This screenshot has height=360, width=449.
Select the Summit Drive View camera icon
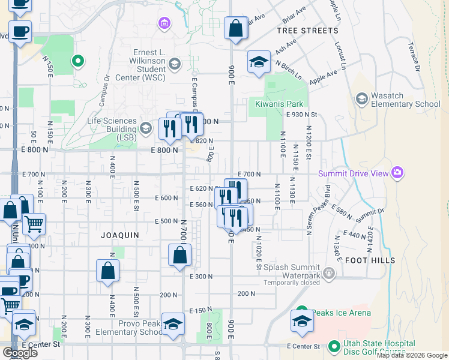pyautogui.click(x=397, y=174)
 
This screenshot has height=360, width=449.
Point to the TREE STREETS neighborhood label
pyautogui.click(x=307, y=30)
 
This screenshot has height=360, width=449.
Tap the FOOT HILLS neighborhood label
pyautogui.click(x=370, y=260)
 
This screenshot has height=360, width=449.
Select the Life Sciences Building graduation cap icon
pyautogui.click(x=146, y=127)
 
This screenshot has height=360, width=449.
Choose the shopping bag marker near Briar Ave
pyautogui.click(x=236, y=28)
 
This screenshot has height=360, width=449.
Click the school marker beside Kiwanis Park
pyautogui.click(x=259, y=62)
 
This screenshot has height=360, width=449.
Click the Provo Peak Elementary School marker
pyautogui.click(x=173, y=325)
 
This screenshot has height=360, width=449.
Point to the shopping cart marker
pyautogui.click(x=34, y=224)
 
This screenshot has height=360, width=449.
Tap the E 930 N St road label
pyautogui.click(x=310, y=114)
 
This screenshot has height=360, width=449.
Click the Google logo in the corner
pyautogui.click(x=20, y=352)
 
